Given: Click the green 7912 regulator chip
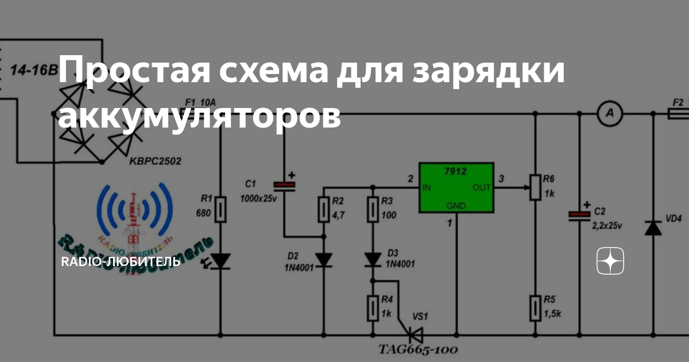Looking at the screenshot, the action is coord(456,187).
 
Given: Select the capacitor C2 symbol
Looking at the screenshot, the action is coord(579,215).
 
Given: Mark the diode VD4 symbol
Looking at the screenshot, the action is coord(653,228).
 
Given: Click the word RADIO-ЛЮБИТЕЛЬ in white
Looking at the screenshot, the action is coord(121,262).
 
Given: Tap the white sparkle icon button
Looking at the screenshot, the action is coord(610,261).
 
